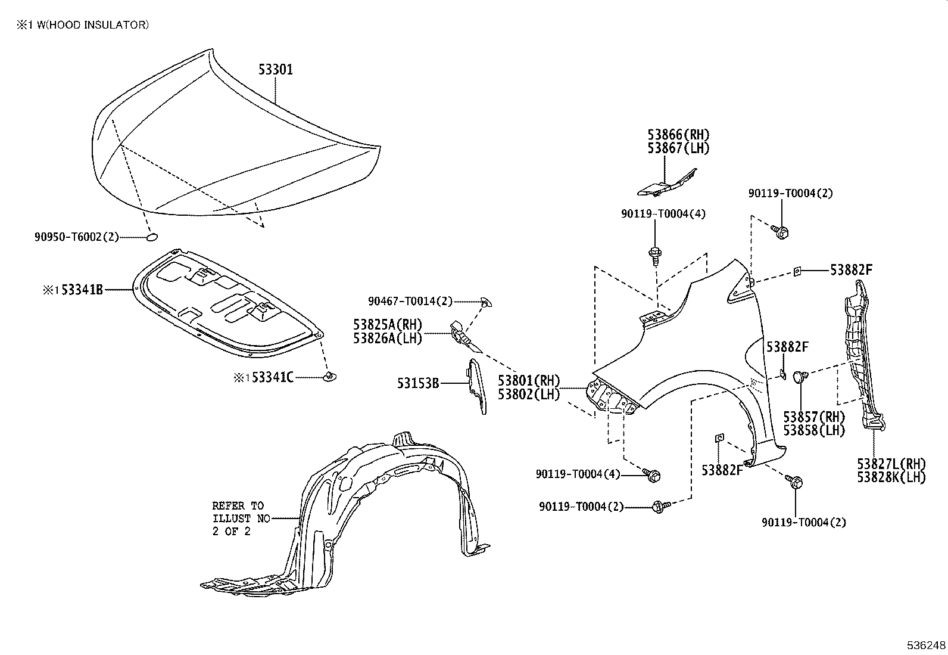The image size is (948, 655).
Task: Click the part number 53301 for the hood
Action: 275,70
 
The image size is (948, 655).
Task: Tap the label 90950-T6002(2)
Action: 76,237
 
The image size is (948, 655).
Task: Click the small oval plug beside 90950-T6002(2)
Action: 152,237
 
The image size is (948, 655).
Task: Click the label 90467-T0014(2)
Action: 410,302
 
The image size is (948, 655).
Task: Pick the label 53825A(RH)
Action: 387,325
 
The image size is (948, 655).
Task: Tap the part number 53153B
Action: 418,383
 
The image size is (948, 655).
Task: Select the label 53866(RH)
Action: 678,135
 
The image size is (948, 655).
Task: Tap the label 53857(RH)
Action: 814,417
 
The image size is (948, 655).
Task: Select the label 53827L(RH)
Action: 891,463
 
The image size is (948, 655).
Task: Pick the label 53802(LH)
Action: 529,394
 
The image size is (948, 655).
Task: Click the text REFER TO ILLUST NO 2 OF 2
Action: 238,519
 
